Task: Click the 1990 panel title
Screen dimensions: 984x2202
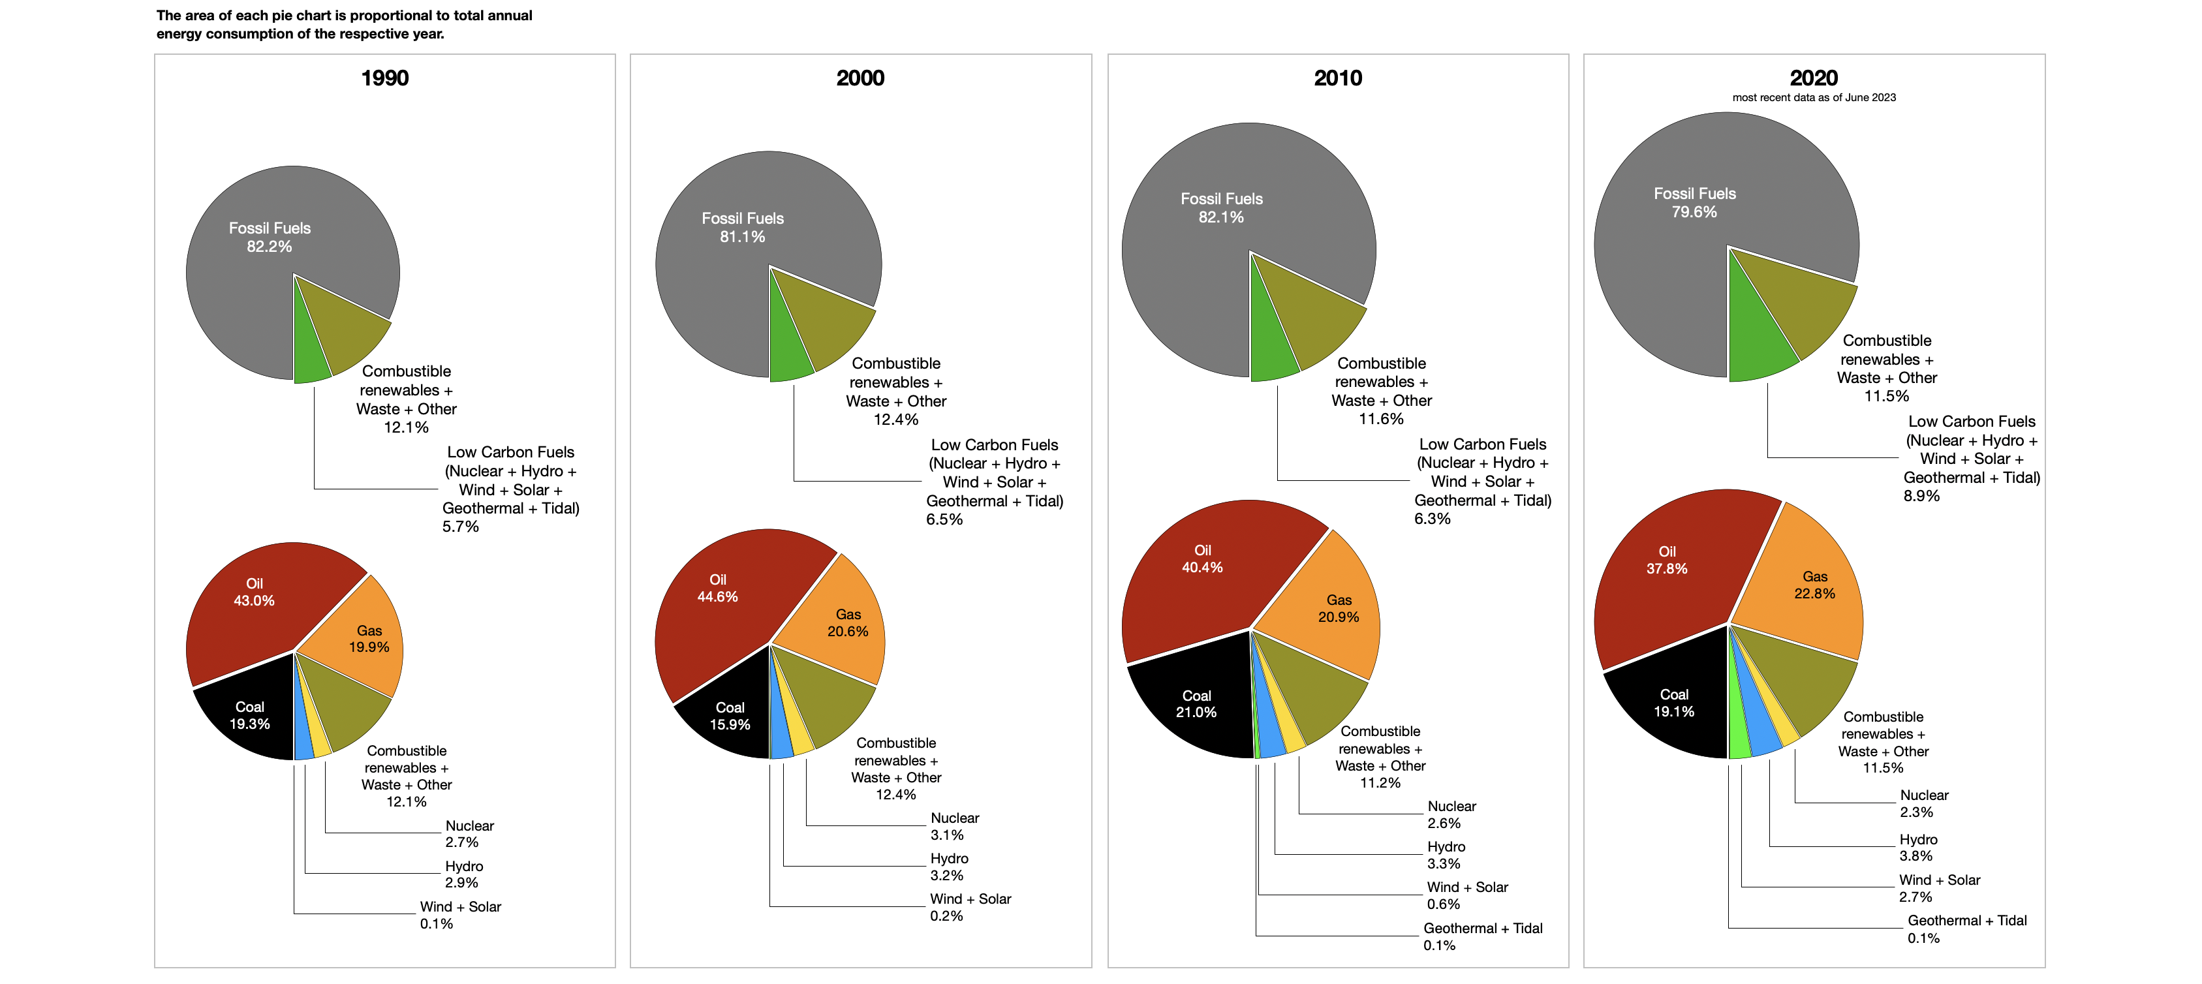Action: pos(384,78)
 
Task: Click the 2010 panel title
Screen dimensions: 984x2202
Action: pos(1338,78)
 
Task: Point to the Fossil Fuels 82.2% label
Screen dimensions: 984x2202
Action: pos(270,237)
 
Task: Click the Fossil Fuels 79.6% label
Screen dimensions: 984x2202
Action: pos(1694,203)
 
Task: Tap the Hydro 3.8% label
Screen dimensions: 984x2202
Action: pos(1917,847)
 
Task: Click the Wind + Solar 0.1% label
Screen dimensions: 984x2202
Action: pos(460,915)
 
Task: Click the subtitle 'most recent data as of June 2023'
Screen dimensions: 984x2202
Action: pos(1813,97)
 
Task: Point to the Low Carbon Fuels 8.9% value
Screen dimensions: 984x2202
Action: pos(1921,496)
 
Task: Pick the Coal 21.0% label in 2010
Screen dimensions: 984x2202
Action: pos(1196,703)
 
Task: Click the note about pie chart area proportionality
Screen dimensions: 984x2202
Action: pos(344,24)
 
